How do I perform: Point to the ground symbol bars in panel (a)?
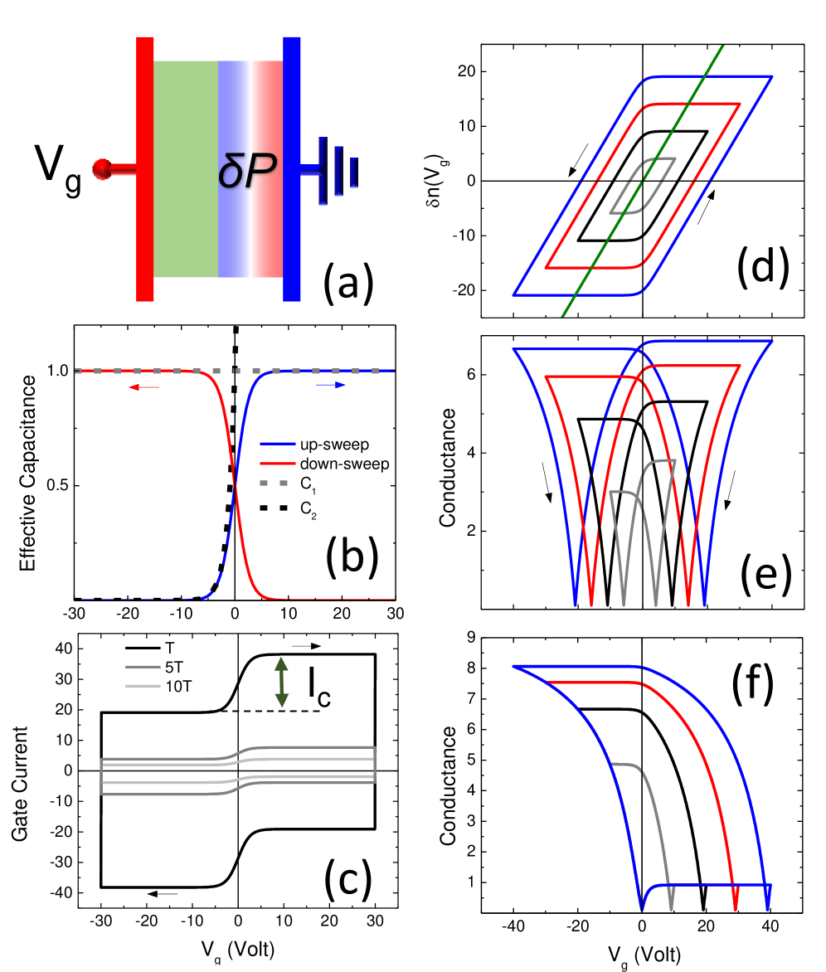point(339,170)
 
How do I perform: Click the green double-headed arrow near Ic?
point(283,682)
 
